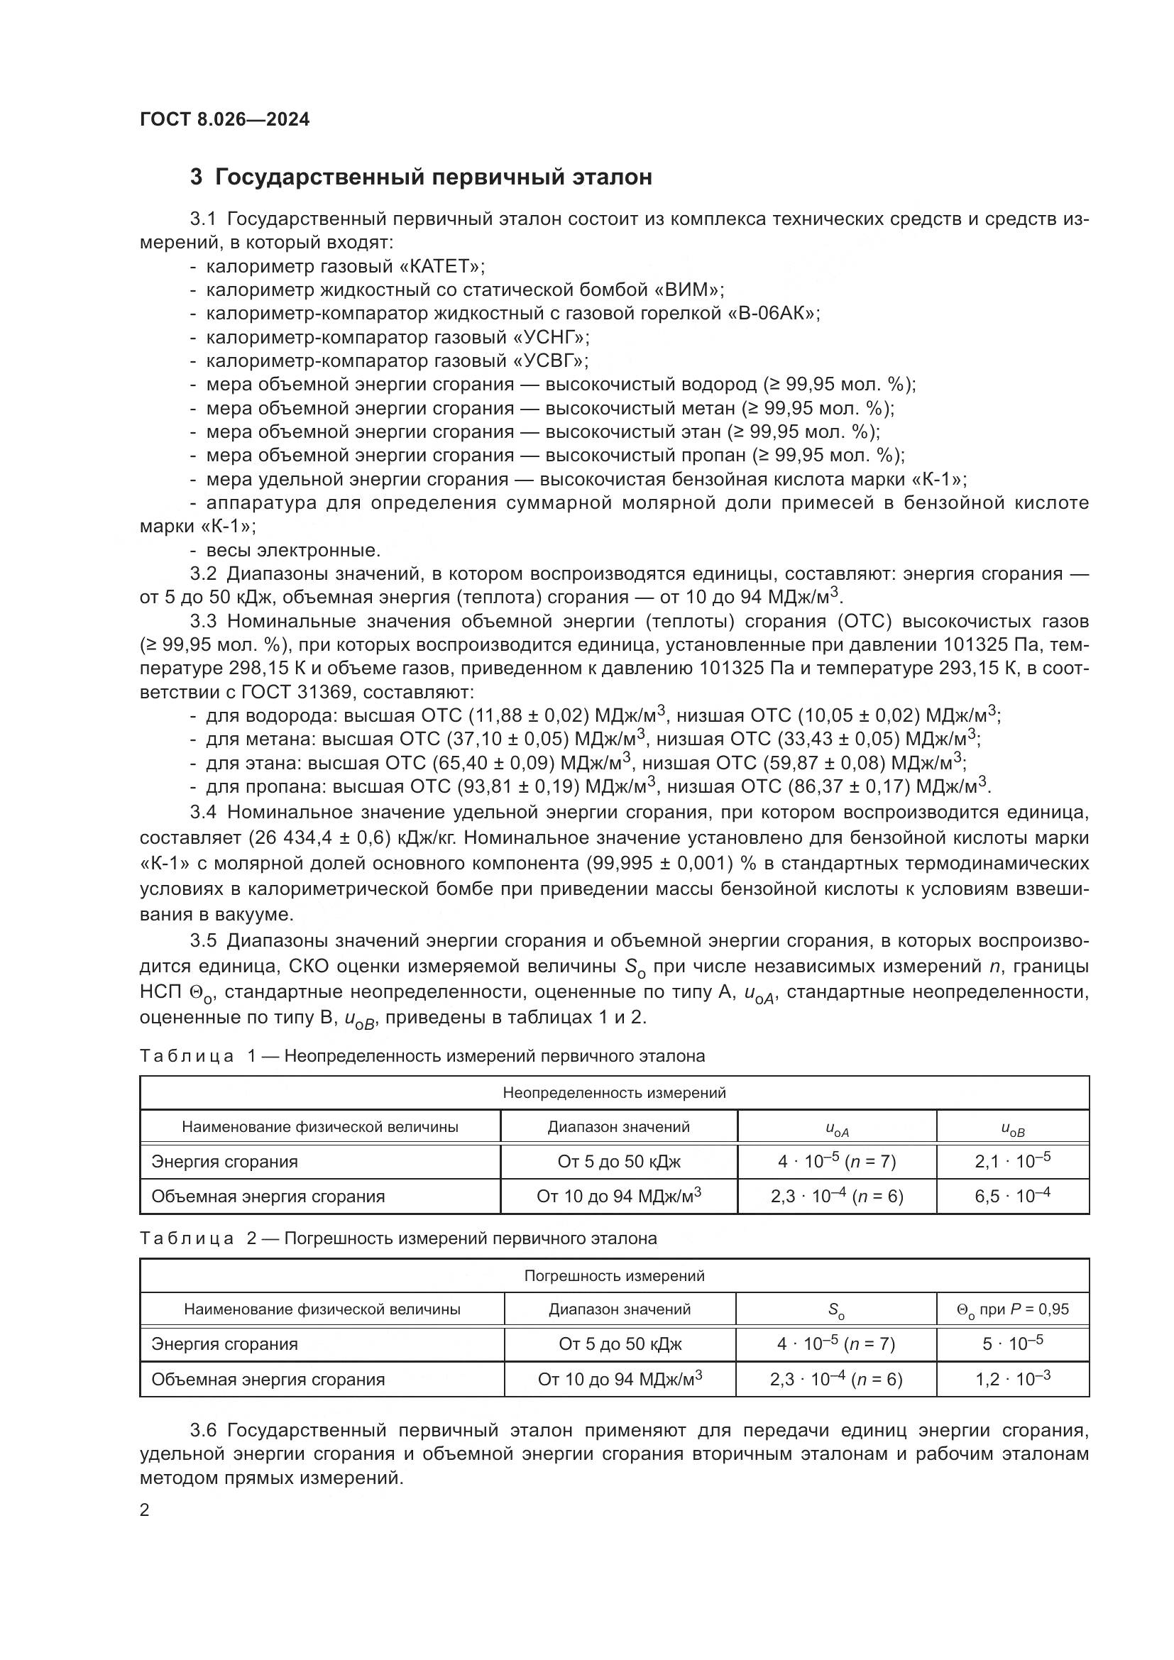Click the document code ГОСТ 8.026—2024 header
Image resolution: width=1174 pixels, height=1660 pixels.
tap(224, 119)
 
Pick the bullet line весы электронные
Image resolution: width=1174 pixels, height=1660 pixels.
tap(292, 550)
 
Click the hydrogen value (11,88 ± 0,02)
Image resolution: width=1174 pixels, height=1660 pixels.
tap(530, 716)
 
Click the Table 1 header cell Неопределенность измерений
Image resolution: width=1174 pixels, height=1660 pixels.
tap(614, 1093)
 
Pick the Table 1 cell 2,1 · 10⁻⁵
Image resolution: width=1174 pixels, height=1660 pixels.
tap(1012, 1162)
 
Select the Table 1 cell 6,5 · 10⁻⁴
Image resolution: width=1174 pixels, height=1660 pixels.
tap(1012, 1197)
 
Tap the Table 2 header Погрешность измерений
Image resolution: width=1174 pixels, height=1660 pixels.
tap(614, 1276)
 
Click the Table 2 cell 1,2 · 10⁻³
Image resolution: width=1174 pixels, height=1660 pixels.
tap(1012, 1380)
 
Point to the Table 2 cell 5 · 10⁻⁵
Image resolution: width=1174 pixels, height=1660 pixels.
tap(1012, 1344)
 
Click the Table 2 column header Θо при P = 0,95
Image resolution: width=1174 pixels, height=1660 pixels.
tap(1012, 1309)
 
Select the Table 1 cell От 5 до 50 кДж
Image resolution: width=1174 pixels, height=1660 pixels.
tap(619, 1162)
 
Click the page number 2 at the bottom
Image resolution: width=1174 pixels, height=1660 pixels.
tap(145, 1510)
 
